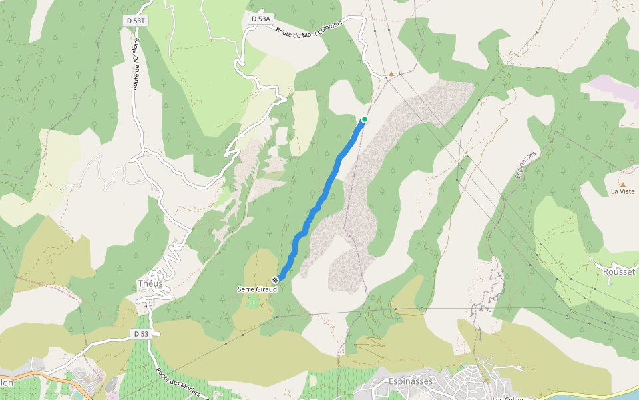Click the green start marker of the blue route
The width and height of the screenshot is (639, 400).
pos(365,119)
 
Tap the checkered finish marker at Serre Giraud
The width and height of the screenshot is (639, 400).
pos(275,280)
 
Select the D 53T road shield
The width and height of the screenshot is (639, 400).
pos(136,21)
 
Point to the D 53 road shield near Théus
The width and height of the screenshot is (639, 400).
pos(140,333)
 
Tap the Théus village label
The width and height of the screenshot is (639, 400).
pos(150,283)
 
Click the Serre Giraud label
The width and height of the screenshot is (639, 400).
pos(256,289)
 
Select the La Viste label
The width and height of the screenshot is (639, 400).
pos(623,191)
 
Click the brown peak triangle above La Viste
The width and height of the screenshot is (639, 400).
pos(623,183)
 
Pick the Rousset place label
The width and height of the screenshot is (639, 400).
pos(620,272)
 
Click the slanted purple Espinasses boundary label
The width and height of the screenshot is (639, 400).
pos(526,164)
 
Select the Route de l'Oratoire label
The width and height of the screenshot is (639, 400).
pos(136,64)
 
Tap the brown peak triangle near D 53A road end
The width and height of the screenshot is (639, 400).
pos(391,74)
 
